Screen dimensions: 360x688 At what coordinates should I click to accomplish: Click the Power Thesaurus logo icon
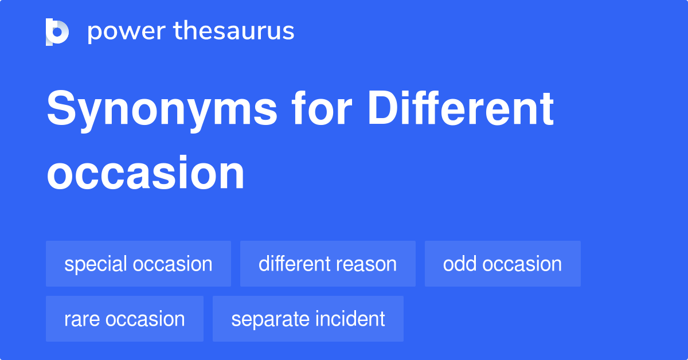tap(57, 32)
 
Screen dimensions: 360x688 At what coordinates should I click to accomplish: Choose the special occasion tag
tap(138, 264)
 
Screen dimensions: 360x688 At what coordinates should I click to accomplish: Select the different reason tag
tap(327, 264)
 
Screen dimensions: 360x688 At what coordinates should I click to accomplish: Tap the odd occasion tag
tap(502, 264)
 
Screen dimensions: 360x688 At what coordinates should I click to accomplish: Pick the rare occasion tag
tap(124, 319)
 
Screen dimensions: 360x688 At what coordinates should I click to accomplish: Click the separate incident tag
tap(308, 319)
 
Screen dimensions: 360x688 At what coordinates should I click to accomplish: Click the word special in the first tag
tap(95, 264)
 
